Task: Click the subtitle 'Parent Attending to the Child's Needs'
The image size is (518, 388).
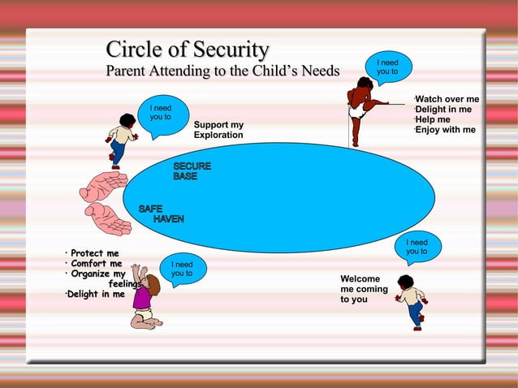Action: click(x=223, y=71)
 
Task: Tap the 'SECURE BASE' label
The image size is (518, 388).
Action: click(x=192, y=170)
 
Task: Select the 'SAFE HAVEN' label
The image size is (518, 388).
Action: click(x=161, y=213)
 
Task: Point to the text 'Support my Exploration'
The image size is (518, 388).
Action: click(x=218, y=130)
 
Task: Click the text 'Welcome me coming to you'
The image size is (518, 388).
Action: click(x=364, y=289)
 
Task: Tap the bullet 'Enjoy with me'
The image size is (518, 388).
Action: click(x=445, y=130)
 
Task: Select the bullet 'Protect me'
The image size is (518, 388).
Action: click(x=94, y=253)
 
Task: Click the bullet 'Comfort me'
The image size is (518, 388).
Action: click(x=96, y=264)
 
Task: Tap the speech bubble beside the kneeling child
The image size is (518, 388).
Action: click(x=183, y=269)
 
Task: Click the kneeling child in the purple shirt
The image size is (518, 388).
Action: click(x=145, y=300)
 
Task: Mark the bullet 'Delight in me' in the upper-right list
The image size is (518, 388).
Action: click(x=443, y=110)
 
